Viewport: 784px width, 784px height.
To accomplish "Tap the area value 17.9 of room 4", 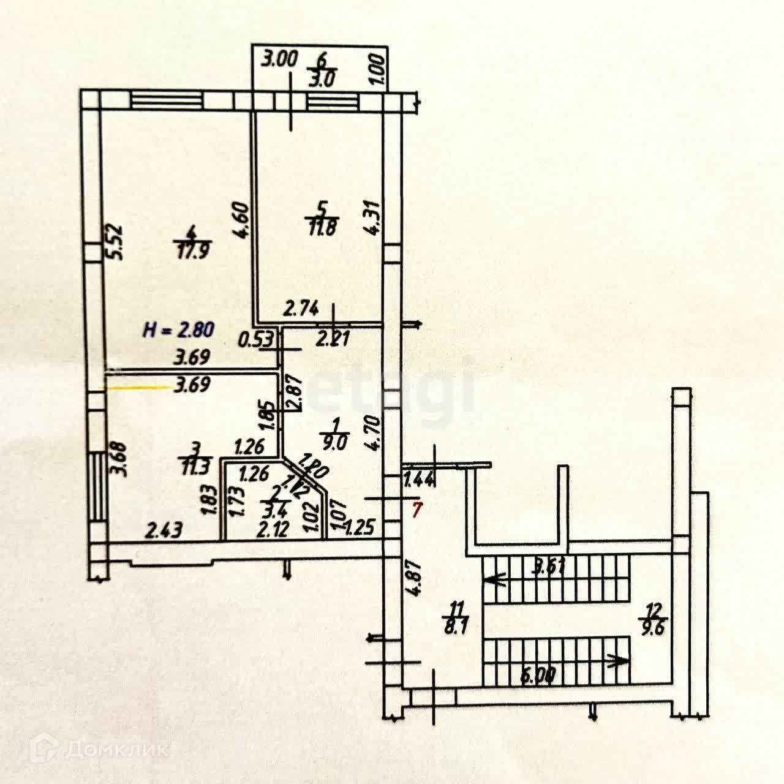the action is point(190,251).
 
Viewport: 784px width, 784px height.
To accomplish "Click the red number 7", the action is point(417,510).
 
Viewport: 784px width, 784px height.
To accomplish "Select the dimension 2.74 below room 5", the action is point(301,311).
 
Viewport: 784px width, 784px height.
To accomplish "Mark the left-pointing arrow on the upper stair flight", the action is point(494,579).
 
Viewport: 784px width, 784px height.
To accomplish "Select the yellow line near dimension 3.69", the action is point(138,387).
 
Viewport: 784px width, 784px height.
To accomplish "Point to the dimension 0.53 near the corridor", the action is point(257,339).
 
